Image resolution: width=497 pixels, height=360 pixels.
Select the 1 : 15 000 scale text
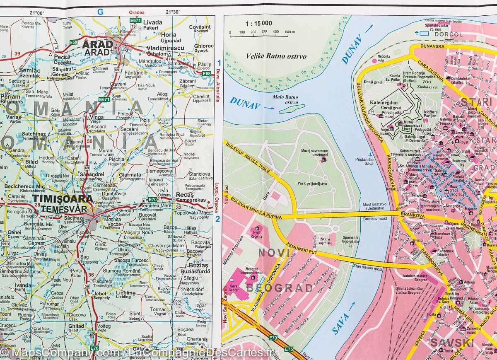[x=258, y=23]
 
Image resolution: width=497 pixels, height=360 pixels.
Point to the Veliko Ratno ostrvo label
[x=276, y=56]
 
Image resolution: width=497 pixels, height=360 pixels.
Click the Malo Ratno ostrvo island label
[x=286, y=99]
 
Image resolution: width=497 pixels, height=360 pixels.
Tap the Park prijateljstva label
[x=312, y=183]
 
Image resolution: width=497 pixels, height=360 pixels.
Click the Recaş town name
[x=184, y=194]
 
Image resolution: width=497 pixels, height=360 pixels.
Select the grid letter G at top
[x=100, y=12]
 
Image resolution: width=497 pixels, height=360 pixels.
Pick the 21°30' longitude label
[x=173, y=12]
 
